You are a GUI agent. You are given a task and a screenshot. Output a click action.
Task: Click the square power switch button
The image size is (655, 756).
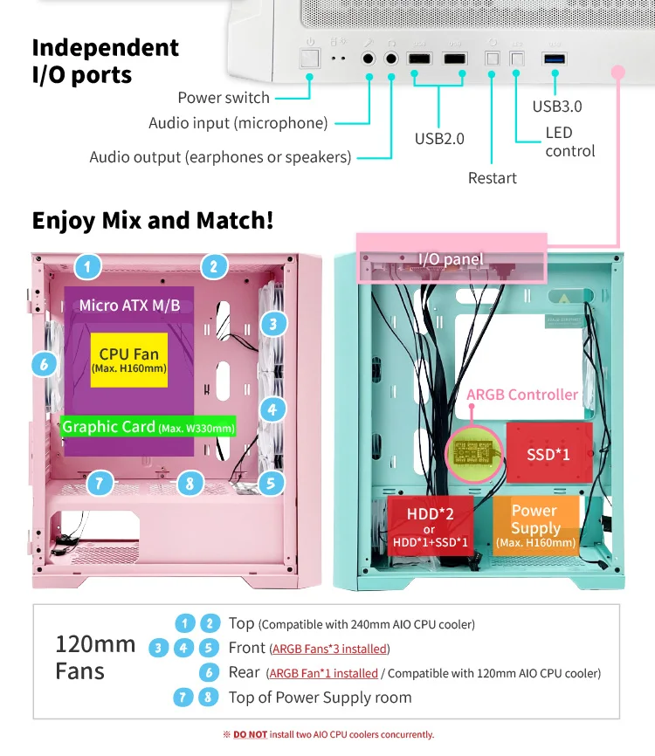[309, 58]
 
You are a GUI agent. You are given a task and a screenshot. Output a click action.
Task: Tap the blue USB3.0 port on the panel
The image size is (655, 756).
[554, 59]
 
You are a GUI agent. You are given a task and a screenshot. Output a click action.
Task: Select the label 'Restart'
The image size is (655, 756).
[493, 178]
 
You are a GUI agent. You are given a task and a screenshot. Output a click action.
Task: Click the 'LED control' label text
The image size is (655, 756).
[569, 142]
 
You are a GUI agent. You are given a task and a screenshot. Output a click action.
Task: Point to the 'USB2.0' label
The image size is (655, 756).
[439, 139]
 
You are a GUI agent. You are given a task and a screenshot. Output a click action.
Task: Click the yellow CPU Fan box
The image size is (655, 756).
[128, 359]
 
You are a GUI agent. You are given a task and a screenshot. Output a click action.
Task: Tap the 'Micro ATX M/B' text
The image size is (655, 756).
[129, 305]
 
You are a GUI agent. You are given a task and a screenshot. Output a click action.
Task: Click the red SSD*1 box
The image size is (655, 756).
[548, 454]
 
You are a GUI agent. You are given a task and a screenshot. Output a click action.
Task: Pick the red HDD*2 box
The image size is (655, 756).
[429, 525]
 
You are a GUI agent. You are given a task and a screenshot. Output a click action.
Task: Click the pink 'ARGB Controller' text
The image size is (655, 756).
[522, 395]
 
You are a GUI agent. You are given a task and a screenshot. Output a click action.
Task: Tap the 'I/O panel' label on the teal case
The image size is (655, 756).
[451, 258]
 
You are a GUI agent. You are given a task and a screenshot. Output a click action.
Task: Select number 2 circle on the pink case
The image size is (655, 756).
[213, 265]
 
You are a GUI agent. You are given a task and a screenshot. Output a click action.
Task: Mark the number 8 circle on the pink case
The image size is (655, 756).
[190, 483]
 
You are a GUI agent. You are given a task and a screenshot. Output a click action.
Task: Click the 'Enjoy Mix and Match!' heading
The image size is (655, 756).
[153, 220]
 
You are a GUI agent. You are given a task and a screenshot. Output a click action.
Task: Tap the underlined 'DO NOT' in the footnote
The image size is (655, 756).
[250, 734]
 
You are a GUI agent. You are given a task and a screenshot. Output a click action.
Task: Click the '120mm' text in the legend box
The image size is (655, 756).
[95, 644]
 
